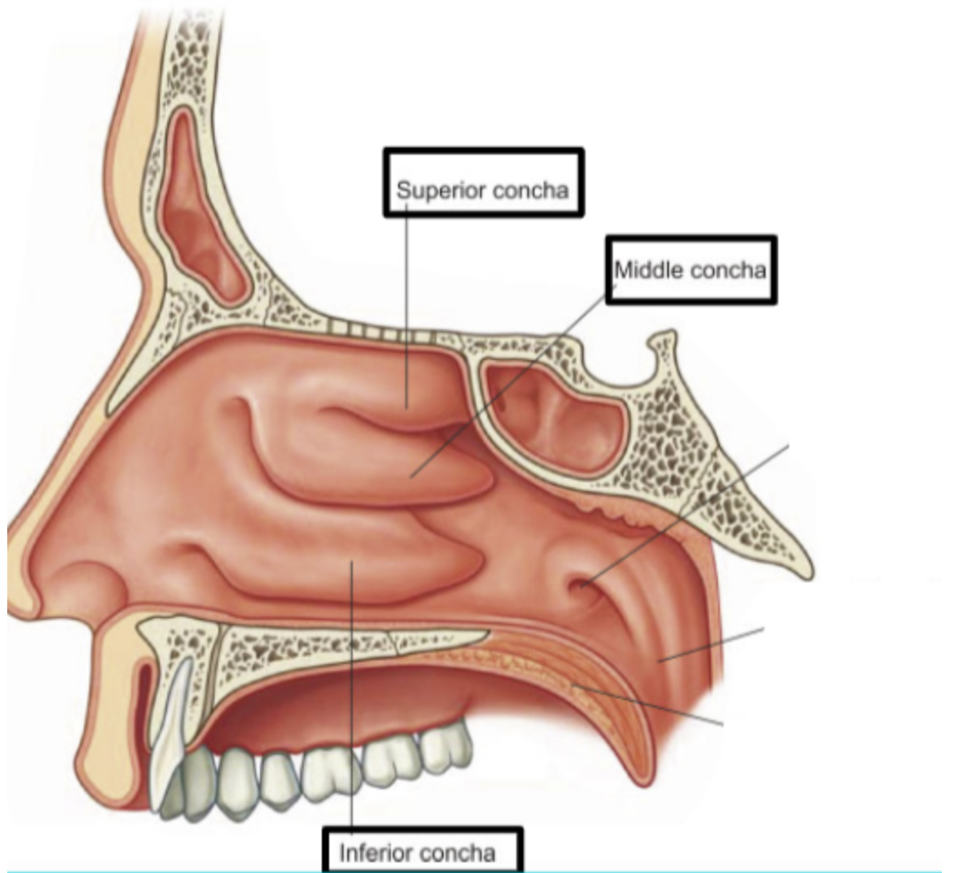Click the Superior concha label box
tap(483, 182)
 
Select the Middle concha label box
tap(690, 270)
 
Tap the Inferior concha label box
tap(424, 852)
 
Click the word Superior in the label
tap(431, 192)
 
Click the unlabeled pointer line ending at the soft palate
tap(655, 707)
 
